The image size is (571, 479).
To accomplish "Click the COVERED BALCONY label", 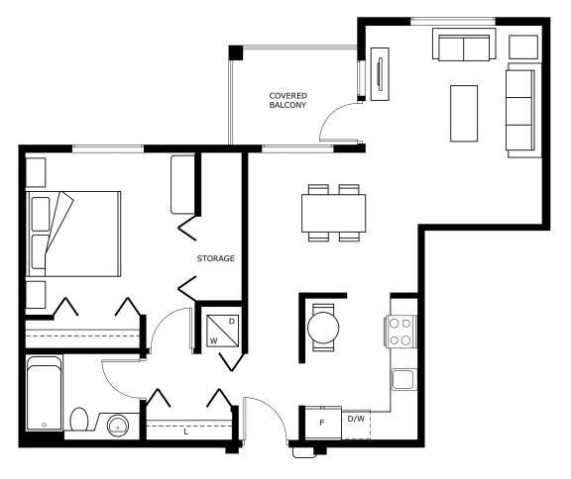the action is coord(288,100).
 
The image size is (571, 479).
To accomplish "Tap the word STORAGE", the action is coord(215,258).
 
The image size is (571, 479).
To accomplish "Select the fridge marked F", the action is coord(323,423).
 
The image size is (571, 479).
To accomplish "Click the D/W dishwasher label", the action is coord(356,419).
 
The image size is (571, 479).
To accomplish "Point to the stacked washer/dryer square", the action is coord(223,331).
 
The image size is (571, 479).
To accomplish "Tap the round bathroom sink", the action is coord(118,426).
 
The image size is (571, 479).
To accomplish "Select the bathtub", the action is coord(44,393).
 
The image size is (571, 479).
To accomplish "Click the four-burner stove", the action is coord(400,332).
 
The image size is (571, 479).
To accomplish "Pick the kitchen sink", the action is coord(403,379).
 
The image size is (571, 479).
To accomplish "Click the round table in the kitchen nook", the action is coord(323,328).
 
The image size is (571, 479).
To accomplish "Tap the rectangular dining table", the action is coord(333,213).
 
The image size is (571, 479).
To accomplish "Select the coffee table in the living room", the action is coord(464,114).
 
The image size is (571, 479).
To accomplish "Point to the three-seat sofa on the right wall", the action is coord(522,110).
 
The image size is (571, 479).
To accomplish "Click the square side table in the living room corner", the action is coord(523,47).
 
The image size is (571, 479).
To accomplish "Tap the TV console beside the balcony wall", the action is coord(380,74).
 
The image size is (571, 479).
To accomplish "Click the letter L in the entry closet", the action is coord(186,431).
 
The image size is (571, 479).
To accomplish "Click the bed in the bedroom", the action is coord(73,234).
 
